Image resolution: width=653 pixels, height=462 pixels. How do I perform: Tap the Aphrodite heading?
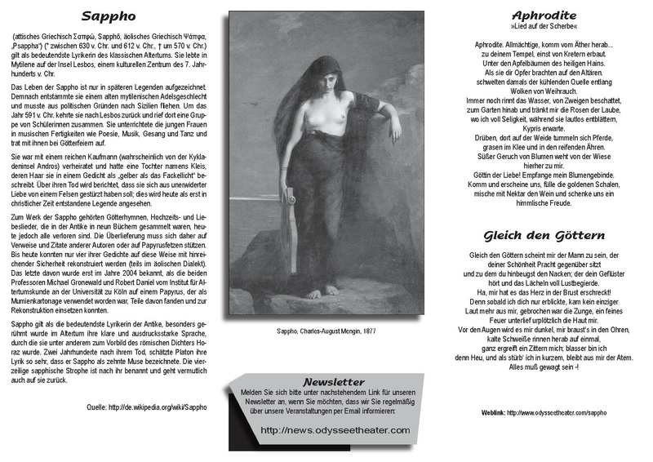(544, 16)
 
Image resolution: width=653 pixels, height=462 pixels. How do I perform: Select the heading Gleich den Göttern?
(544, 236)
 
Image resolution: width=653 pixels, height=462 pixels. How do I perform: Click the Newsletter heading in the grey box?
(333, 381)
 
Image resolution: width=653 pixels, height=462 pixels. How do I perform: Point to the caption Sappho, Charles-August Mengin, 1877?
(325, 332)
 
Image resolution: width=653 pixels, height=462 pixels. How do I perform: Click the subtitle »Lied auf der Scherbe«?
(544, 27)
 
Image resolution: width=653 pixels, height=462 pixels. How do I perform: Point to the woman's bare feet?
(322, 291)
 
